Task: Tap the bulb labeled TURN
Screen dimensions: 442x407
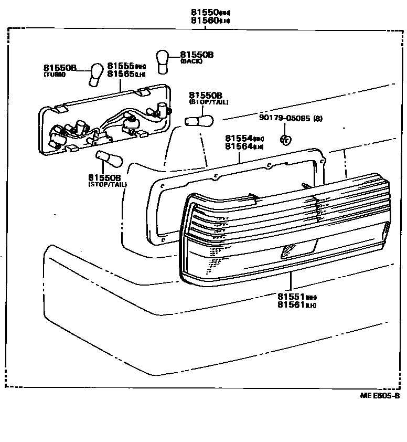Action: [x=95, y=74]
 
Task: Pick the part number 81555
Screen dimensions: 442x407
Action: [x=121, y=66]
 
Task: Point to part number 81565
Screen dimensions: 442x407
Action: [x=121, y=74]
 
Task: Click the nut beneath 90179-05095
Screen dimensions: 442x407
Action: [x=285, y=140]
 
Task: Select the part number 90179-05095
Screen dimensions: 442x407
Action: [x=285, y=118]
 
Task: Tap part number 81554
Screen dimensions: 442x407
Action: [x=239, y=138]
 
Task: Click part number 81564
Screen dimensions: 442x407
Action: [x=239, y=146]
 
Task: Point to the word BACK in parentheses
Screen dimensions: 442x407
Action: [x=191, y=61]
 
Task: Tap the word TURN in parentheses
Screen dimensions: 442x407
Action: [x=55, y=75]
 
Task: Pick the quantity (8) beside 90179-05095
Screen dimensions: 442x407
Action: [x=318, y=118]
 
